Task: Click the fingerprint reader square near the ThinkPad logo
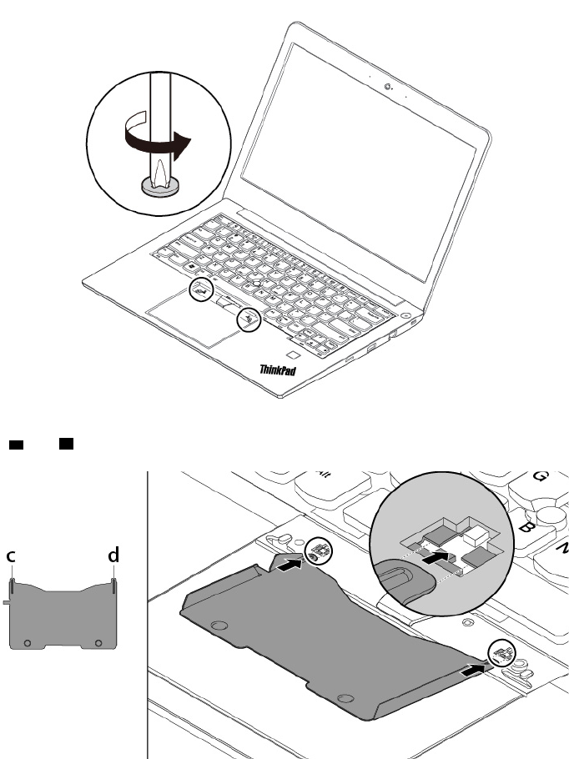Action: (291, 356)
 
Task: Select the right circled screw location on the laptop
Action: (248, 319)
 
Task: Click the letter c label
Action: (12, 555)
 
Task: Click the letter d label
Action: (113, 554)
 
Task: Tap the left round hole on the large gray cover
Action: (220, 625)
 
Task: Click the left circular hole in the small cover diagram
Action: (28, 643)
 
